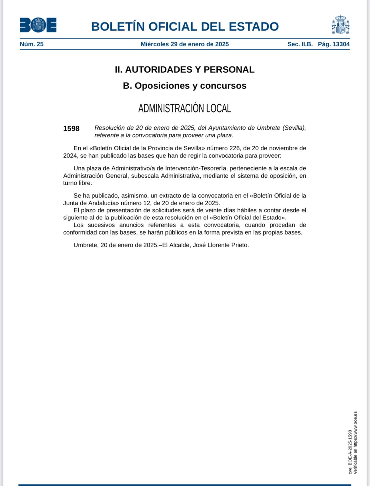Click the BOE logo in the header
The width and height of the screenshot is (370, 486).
(x=38, y=25)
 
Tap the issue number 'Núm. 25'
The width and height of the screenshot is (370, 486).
(x=32, y=44)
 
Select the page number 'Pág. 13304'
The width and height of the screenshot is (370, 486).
(x=334, y=44)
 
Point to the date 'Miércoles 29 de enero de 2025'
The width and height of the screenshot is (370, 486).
(x=185, y=44)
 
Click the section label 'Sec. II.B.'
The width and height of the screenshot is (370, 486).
(x=300, y=44)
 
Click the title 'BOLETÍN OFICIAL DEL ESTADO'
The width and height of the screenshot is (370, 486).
(x=185, y=26)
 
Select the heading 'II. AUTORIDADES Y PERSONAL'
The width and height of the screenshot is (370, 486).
(x=185, y=70)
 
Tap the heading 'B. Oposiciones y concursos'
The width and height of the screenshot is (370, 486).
(x=185, y=86)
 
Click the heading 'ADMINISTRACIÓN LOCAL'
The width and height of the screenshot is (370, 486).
(x=185, y=108)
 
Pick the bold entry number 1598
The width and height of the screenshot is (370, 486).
(x=71, y=128)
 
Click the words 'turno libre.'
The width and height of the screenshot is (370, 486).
(x=77, y=183)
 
